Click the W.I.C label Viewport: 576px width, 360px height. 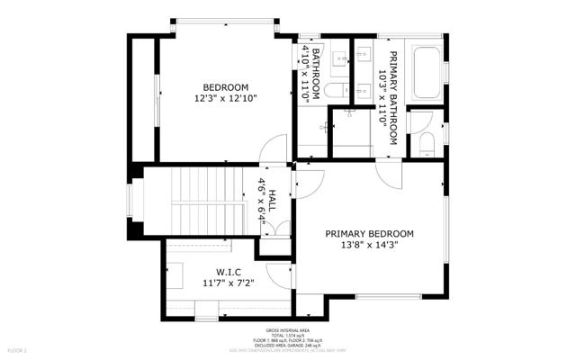[228, 272]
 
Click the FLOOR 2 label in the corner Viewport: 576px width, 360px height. [18, 348]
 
